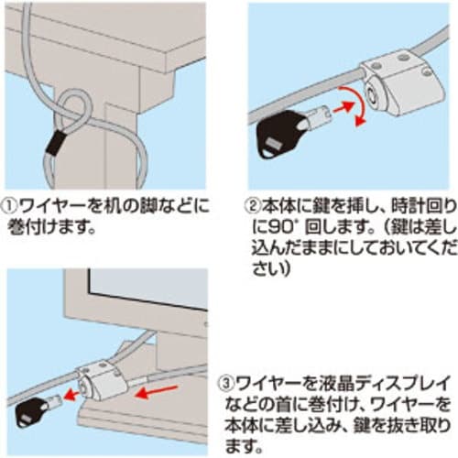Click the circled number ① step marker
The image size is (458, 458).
(11, 207)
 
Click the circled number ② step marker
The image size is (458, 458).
(253, 207)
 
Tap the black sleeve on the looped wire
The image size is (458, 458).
(55, 143)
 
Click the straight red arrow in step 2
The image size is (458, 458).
(343, 108)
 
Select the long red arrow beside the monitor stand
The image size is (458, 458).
(157, 392)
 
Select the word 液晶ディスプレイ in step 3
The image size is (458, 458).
(351, 384)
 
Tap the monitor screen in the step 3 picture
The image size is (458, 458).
(147, 287)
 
